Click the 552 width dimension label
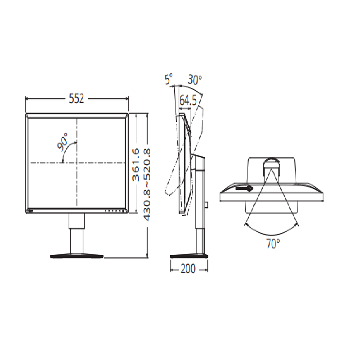pyautogui.click(x=76, y=99)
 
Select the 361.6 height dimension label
pyautogui.click(x=136, y=164)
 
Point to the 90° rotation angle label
pyautogui.click(x=63, y=142)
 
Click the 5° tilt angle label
pyautogui.click(x=168, y=79)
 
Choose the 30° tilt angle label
pyautogui.click(x=194, y=80)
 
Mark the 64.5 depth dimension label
pyautogui.click(x=188, y=100)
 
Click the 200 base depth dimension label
pyautogui.click(x=188, y=269)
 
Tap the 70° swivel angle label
pyautogui.click(x=273, y=244)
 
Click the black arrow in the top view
pyautogui.click(x=244, y=188)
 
